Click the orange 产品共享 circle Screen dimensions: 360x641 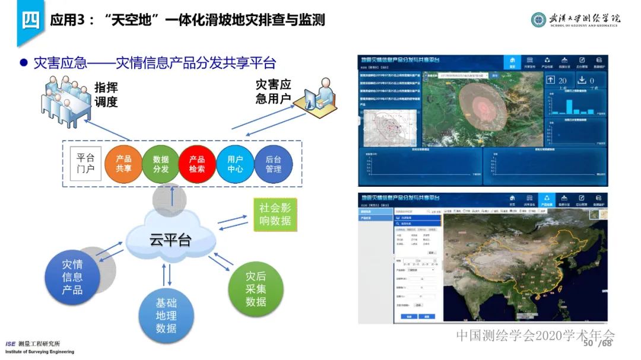123,164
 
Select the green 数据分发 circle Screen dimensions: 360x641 161,164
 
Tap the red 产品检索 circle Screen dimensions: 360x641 197,164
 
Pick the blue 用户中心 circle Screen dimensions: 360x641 235,164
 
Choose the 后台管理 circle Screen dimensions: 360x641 273,164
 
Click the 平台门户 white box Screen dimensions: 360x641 85,164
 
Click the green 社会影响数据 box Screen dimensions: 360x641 275,215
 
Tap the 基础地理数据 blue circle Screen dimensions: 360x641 166,314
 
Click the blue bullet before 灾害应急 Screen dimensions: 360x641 24,63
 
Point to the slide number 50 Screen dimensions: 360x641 588,344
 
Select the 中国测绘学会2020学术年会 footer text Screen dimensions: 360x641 535,336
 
